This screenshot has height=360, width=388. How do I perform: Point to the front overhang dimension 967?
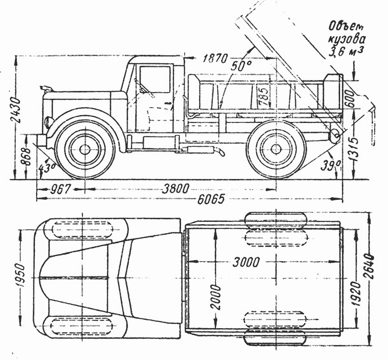61,190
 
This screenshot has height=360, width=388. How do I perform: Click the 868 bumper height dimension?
26,156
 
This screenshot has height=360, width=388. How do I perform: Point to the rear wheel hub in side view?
275,149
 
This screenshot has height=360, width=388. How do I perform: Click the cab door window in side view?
154,80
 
